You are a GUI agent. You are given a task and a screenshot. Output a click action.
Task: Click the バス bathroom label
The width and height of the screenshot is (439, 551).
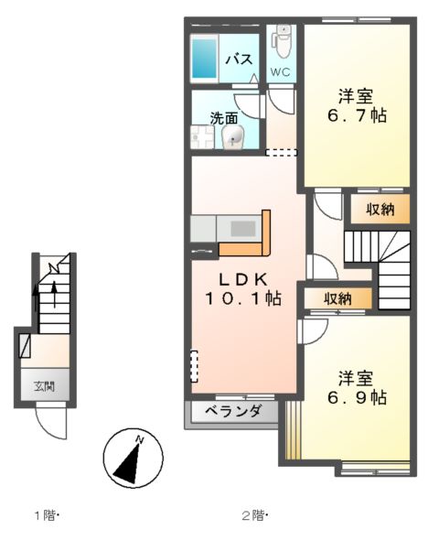[x=239, y=59]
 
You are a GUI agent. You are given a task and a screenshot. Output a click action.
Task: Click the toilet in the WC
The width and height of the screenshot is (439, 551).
[x=284, y=40]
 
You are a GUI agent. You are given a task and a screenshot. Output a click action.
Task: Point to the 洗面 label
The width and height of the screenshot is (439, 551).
[x=224, y=118]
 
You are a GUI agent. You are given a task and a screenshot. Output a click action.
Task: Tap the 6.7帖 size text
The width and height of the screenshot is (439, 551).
[x=356, y=116]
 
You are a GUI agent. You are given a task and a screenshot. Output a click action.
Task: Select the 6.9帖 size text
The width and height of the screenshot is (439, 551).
[x=356, y=398]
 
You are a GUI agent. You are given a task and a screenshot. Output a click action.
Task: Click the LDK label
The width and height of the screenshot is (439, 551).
[x=241, y=279]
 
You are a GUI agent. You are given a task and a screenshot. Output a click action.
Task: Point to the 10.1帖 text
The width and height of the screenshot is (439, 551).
[x=241, y=298]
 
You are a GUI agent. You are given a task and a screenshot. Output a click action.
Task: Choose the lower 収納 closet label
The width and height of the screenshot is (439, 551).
[x=337, y=298]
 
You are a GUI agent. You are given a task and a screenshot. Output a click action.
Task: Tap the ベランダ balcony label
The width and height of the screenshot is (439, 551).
[x=234, y=411]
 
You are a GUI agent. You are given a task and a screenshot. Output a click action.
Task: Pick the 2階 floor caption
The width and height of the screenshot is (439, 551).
[x=256, y=515]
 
